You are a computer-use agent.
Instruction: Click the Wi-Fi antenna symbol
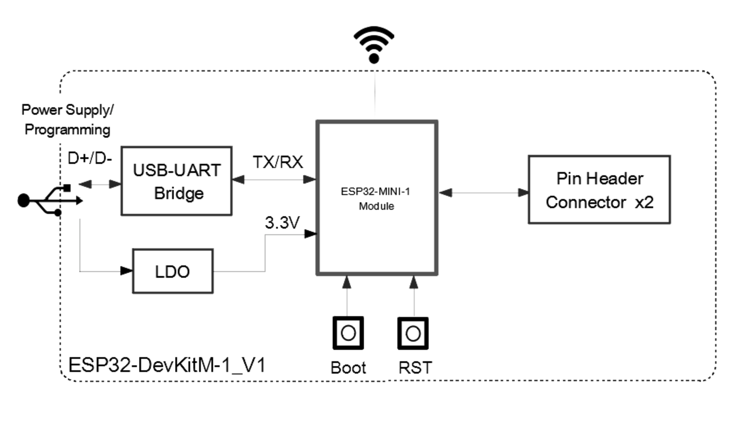click(x=374, y=44)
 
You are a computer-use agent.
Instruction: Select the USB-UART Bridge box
click(x=177, y=181)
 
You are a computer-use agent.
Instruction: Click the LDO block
click(x=172, y=271)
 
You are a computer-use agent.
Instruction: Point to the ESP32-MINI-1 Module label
click(x=375, y=198)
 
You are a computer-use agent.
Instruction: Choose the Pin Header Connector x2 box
click(x=599, y=190)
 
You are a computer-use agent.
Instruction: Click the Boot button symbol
click(x=348, y=333)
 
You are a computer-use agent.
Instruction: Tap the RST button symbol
click(x=413, y=333)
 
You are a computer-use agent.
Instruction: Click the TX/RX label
click(x=278, y=162)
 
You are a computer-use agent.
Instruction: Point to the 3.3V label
click(x=282, y=223)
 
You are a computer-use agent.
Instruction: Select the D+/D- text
click(x=89, y=158)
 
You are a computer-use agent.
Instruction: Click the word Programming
click(x=68, y=129)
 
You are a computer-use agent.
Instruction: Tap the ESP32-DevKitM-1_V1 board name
click(x=167, y=365)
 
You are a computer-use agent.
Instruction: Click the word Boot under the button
click(x=348, y=367)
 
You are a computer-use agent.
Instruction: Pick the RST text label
click(x=415, y=367)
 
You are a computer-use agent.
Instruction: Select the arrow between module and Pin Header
click(x=483, y=193)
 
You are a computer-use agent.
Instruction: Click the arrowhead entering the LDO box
click(x=127, y=271)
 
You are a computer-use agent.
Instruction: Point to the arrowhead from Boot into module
click(x=347, y=282)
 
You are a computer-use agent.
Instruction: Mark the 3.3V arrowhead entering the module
click(x=310, y=234)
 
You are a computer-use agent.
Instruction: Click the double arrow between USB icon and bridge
click(x=100, y=184)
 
